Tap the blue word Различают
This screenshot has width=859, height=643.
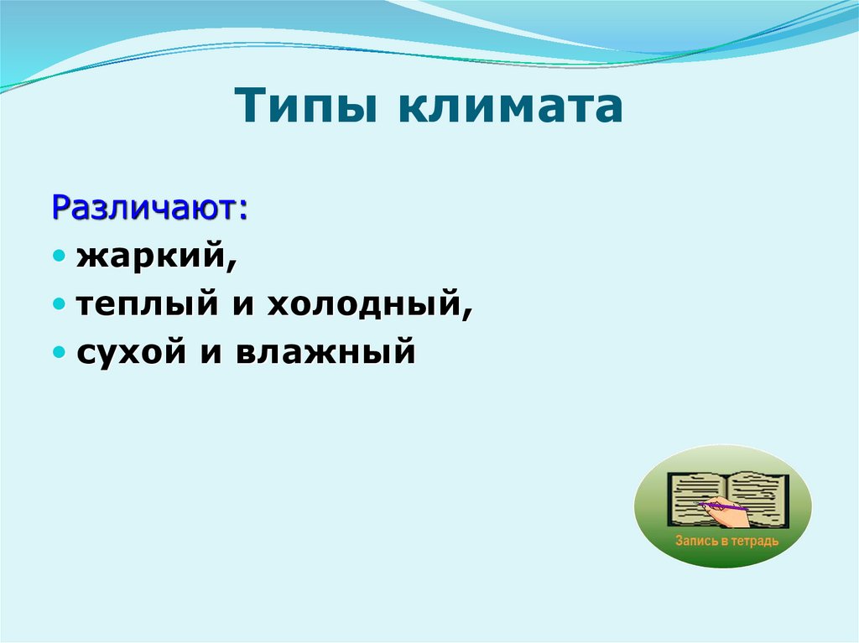click(x=147, y=206)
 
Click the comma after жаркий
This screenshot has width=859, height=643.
click(x=232, y=267)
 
